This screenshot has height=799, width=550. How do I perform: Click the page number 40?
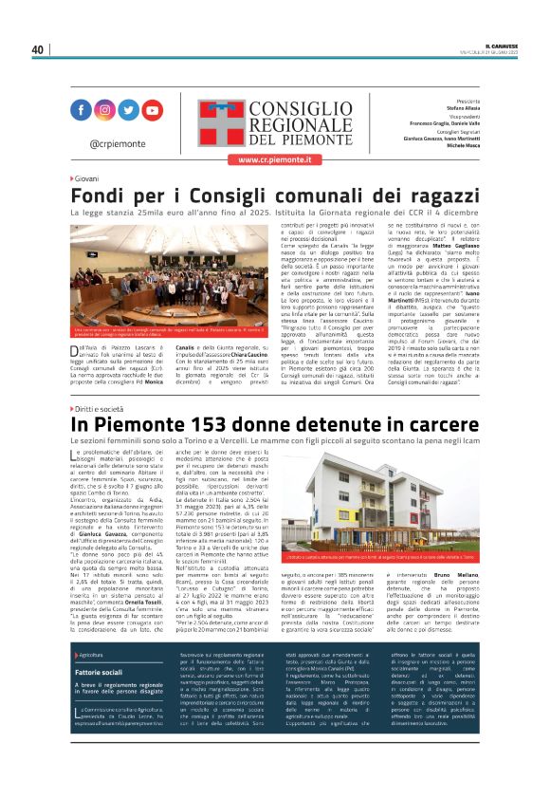[x=38, y=49]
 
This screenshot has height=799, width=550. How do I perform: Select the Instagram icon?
[x=105, y=109]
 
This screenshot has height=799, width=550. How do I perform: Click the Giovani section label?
[x=86, y=178]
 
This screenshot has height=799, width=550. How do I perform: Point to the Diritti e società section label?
[x=99, y=407]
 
